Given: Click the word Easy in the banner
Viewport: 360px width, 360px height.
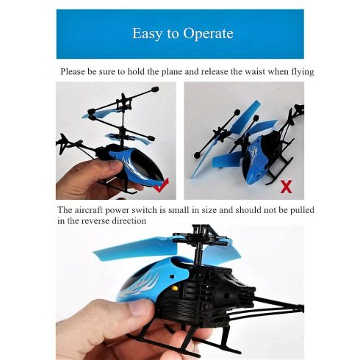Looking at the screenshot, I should click(x=147, y=34).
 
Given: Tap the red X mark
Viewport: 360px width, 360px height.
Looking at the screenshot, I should click(x=287, y=187).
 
